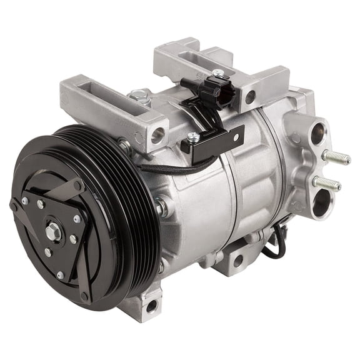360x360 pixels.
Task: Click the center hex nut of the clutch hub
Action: pyautogui.click(x=51, y=232)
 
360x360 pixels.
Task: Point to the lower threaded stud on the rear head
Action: pyautogui.click(x=327, y=182)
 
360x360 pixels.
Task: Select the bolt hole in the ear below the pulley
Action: pyautogui.click(x=151, y=307)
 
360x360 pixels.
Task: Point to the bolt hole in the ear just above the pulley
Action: pyautogui.click(x=157, y=132)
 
